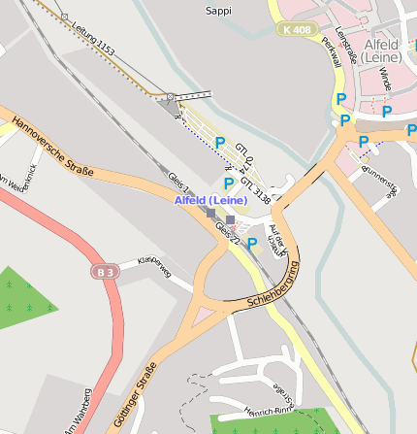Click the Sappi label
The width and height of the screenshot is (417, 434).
point(219,11)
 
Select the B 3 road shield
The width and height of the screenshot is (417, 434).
point(106,270)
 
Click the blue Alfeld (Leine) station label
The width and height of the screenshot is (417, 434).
point(210,200)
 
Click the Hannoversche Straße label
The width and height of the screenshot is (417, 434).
point(53,147)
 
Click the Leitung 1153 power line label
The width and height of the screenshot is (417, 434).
point(93,37)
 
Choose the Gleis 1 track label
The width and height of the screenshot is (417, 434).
point(180,184)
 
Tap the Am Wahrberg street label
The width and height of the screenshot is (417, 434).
point(78,412)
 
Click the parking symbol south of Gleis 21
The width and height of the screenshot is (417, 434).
point(252,244)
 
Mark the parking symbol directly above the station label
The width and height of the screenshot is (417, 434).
point(229,183)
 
